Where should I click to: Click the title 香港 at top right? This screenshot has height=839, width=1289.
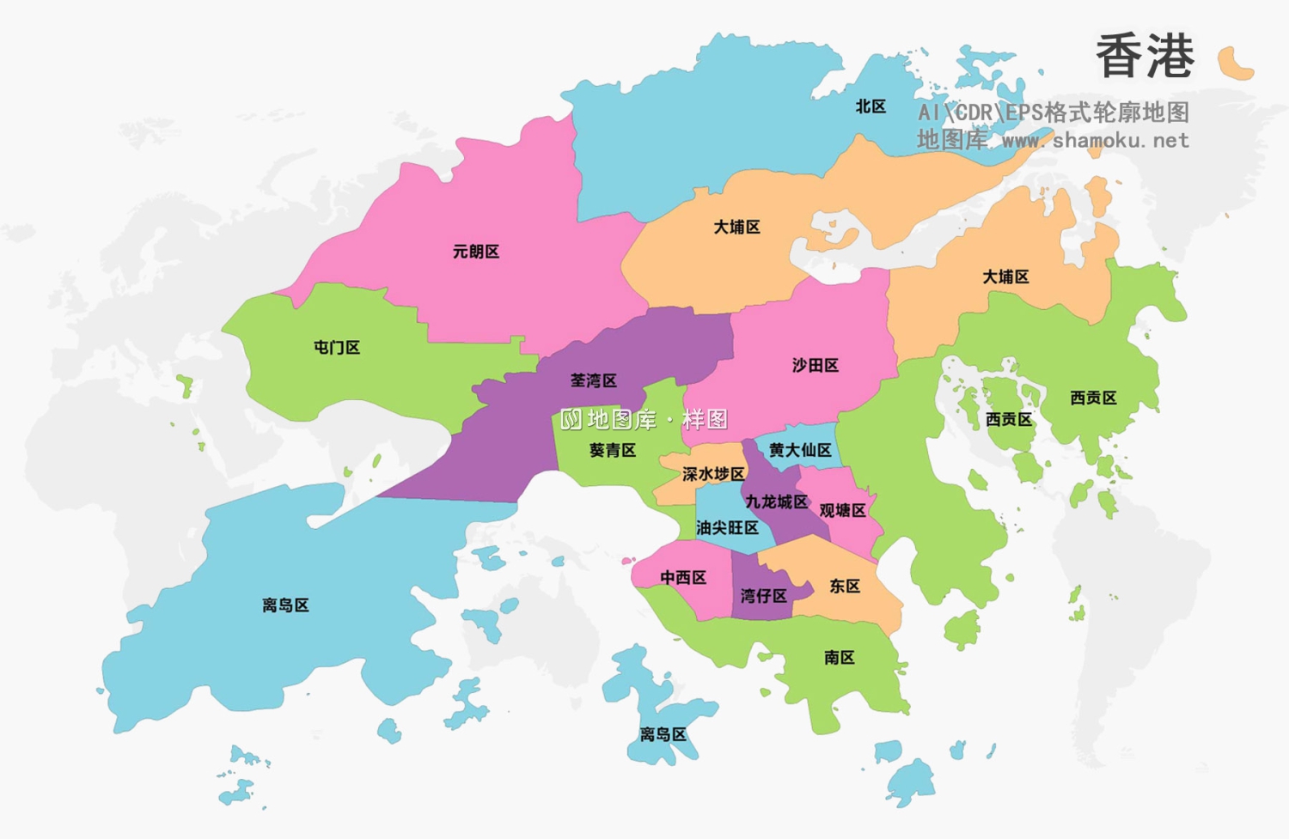coord(1145,57)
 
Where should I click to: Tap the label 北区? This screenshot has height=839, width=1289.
coord(871,106)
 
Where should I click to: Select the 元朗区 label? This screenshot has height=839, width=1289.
coord(476,252)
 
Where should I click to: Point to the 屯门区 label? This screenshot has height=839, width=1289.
coord(337,348)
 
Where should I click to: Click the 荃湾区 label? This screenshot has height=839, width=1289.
coord(594,380)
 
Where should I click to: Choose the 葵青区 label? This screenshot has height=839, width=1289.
coord(613,450)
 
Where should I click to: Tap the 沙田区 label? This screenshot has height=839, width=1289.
coord(816,366)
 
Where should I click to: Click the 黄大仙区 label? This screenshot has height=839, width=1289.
coord(800,450)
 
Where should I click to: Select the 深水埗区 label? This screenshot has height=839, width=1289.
coord(713,474)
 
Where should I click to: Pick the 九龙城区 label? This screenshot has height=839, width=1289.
coord(777,502)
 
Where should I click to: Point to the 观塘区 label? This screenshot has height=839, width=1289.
coord(842,511)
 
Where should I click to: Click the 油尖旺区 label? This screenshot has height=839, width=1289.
coord(727,528)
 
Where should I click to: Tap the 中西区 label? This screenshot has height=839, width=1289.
coord(683,578)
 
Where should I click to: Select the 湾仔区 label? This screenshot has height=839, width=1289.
coord(764,596)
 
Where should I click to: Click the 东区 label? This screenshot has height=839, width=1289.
coord(845,587)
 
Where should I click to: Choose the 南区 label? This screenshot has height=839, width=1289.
coord(840,658)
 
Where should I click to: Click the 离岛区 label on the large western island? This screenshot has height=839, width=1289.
coord(285,605)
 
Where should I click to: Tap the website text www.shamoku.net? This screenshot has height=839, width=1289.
coord(1095,140)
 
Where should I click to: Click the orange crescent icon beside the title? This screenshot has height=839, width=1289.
coord(1235,64)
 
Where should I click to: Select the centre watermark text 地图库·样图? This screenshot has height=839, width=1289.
coord(644,420)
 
